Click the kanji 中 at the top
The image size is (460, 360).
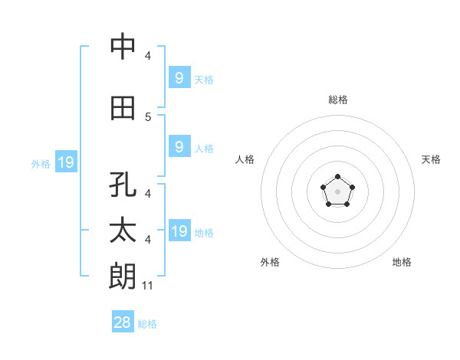pyautogui.click(x=123, y=47)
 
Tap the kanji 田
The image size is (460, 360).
pyautogui.click(x=123, y=108)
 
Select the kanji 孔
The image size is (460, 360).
pyautogui.click(x=123, y=186)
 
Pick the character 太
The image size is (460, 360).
pyautogui.click(x=123, y=231)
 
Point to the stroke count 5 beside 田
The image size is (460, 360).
pyautogui.click(x=148, y=117)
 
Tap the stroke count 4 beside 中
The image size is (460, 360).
pyautogui.click(x=148, y=56)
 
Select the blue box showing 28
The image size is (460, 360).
pyautogui.click(x=123, y=322)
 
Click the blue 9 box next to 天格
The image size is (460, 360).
pyautogui.click(x=179, y=77)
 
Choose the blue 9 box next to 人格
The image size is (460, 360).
pyautogui.click(x=179, y=147)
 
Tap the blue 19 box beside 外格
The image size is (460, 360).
pyautogui.click(x=65, y=162)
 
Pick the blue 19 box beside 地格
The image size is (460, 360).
pyautogui.click(x=179, y=231)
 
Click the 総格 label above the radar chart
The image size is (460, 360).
pyautogui.click(x=338, y=100)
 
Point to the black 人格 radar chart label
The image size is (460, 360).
pyautogui.click(x=245, y=159)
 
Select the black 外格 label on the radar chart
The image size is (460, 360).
pyautogui.click(x=270, y=262)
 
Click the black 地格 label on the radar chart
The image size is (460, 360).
pyautogui.click(x=402, y=262)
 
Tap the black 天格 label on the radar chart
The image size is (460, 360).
pyautogui.click(x=431, y=159)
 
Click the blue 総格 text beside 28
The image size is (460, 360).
pyautogui.click(x=147, y=323)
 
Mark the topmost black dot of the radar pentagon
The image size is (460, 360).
pyautogui.click(x=338, y=178)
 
